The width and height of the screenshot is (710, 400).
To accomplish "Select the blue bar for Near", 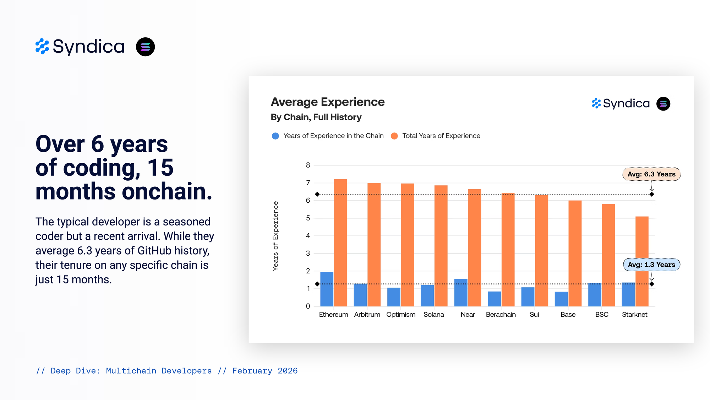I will [461, 293].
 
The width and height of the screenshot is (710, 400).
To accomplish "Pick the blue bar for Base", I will [561, 299].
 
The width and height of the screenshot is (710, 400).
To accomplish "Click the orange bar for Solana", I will [441, 246].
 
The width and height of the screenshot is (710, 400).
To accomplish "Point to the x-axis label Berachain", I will [501, 315].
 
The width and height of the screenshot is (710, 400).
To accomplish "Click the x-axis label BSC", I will [602, 315].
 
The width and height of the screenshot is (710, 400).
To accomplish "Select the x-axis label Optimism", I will [401, 315].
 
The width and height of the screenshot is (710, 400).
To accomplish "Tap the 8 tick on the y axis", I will [308, 165].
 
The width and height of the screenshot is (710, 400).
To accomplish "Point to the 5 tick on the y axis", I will [308, 218].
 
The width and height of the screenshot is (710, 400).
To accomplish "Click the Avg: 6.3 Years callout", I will [651, 174].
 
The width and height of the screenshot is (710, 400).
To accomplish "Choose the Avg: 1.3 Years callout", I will [651, 265].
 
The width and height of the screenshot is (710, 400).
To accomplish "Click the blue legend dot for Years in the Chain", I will [275, 136].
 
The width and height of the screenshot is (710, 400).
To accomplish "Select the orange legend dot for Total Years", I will [394, 136].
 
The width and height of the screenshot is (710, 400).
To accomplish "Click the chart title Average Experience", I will [328, 102].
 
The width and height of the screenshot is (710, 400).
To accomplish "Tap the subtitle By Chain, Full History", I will [316, 117].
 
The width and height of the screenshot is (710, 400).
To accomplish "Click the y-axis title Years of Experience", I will [275, 236].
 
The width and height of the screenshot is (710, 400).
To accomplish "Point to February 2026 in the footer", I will [265, 371].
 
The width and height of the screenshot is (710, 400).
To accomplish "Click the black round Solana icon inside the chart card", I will [663, 104].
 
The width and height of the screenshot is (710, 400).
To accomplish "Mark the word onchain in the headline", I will [167, 191].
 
